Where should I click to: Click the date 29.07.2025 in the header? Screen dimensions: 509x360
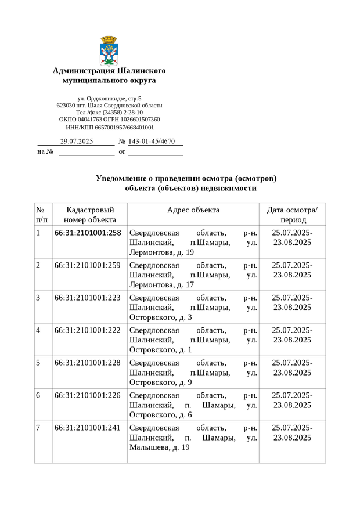(77, 141)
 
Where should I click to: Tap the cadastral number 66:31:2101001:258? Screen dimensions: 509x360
(88, 233)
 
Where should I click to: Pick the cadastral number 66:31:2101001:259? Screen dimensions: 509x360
(88, 265)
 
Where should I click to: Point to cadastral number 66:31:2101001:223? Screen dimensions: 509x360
(88, 298)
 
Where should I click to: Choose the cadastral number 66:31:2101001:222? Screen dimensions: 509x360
(88, 330)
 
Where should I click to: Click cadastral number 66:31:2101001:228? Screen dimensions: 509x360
(88, 363)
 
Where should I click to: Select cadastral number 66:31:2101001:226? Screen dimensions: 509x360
(88, 395)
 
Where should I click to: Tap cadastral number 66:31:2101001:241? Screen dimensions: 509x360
(88, 428)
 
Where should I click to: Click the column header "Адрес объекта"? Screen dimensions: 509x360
(193, 210)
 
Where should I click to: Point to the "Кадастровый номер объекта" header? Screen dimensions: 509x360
(90, 215)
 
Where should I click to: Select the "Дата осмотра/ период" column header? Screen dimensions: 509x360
(292, 215)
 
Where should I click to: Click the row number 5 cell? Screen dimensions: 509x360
(38, 363)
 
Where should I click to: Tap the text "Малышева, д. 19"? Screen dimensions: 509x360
(160, 447)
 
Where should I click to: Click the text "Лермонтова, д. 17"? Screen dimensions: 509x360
(162, 285)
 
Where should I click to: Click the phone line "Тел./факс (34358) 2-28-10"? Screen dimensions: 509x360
(109, 113)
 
